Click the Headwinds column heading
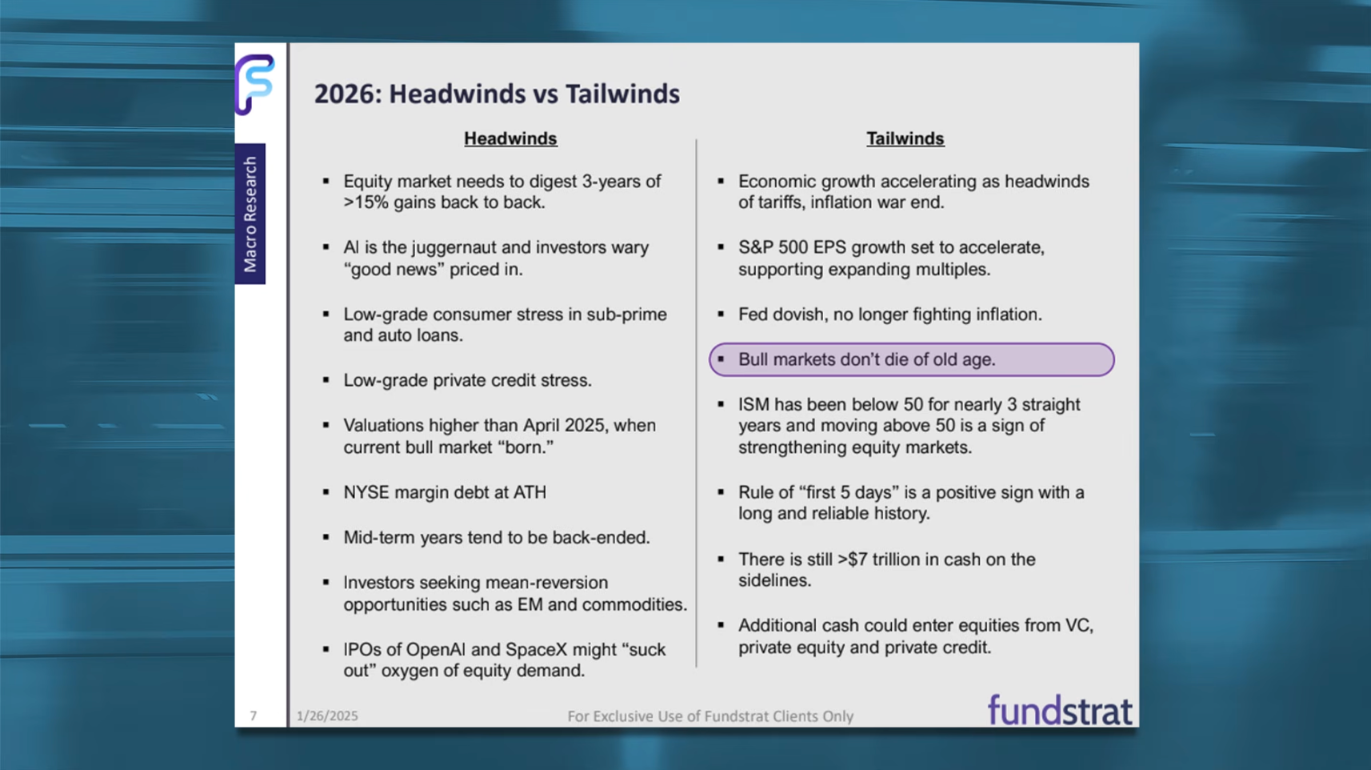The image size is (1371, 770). pyautogui.click(x=510, y=138)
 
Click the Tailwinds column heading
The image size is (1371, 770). pyautogui.click(x=905, y=138)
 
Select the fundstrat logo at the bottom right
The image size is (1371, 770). pyautogui.click(x=1060, y=711)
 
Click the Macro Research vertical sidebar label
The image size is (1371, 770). pyautogui.click(x=250, y=214)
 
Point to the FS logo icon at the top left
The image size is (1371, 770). pyautogui.click(x=255, y=84)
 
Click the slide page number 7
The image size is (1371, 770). pyautogui.click(x=253, y=716)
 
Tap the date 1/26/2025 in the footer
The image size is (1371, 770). pyautogui.click(x=327, y=716)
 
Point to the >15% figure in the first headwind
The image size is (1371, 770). pyautogui.click(x=366, y=203)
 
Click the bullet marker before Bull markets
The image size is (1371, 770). pyautogui.click(x=721, y=359)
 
